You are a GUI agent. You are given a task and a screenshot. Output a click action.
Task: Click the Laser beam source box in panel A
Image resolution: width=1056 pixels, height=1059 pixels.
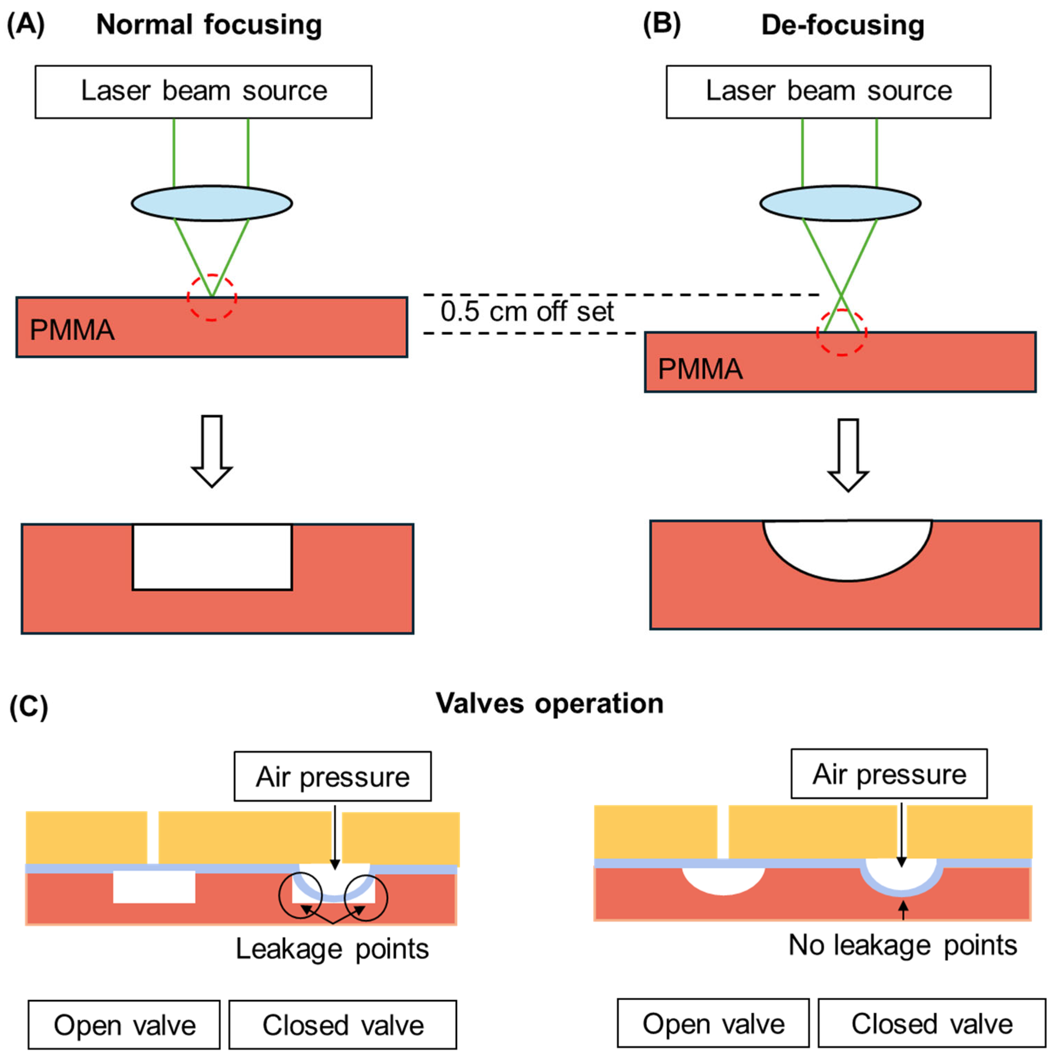pyautogui.click(x=203, y=92)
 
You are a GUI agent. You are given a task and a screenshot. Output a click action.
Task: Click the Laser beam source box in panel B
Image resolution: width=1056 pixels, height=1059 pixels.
pyautogui.click(x=828, y=92)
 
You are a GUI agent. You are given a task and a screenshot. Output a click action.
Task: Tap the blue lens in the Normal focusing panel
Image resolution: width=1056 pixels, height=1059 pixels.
pyautogui.click(x=212, y=203)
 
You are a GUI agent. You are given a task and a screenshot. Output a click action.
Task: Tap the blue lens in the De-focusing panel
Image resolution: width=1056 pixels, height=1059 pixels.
pyautogui.click(x=840, y=203)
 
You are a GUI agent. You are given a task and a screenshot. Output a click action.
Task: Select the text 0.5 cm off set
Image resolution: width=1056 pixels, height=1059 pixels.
pyautogui.click(x=527, y=311)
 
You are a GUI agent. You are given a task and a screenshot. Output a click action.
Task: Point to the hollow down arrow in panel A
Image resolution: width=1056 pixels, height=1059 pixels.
pyautogui.click(x=212, y=451)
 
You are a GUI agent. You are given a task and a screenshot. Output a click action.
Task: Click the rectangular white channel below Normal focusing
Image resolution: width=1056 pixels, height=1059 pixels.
pyautogui.click(x=212, y=557)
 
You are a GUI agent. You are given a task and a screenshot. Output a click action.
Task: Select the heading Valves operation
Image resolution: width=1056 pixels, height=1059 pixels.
pyautogui.click(x=549, y=703)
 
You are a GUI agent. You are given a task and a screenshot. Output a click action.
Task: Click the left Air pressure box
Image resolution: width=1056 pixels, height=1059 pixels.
pyautogui.click(x=332, y=776)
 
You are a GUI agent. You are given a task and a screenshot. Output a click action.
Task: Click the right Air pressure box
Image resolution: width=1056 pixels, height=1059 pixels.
pyautogui.click(x=889, y=773)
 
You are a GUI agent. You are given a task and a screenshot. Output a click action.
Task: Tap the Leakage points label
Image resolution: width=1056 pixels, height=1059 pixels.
pyautogui.click(x=332, y=949)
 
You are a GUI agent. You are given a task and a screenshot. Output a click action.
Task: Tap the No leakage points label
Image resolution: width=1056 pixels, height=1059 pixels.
pyautogui.click(x=903, y=945)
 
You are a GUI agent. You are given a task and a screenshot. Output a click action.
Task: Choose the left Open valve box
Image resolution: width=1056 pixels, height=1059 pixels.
pyautogui.click(x=124, y=1024)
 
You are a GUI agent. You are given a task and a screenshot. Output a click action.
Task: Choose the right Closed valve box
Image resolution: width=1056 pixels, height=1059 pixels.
pyautogui.click(x=932, y=1023)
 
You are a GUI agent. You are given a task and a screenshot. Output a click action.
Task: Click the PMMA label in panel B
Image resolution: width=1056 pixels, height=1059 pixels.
pyautogui.click(x=700, y=369)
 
